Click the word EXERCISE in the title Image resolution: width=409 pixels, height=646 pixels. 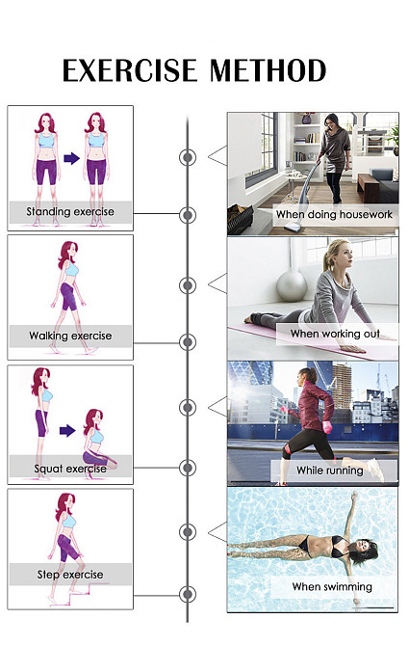[x=130, y=70]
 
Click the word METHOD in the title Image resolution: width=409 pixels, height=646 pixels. [x=268, y=70]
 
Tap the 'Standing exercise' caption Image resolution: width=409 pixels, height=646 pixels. [x=70, y=212]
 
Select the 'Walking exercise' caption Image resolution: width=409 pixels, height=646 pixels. [x=70, y=336]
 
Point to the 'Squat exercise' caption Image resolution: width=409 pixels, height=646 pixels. [x=70, y=469]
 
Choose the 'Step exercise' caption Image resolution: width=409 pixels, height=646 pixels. [x=70, y=575]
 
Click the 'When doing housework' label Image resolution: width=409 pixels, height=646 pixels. [x=334, y=215]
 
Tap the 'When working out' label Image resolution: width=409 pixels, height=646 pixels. [x=335, y=334]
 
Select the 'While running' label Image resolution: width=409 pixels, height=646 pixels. [x=330, y=471]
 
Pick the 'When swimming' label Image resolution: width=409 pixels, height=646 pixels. [x=332, y=586]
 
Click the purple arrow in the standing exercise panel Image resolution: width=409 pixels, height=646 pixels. [x=71, y=158]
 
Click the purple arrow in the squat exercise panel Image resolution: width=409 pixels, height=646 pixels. [x=67, y=431]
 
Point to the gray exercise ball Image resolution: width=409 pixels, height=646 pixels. [x=292, y=284]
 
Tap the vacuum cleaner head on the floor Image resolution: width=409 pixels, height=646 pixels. [x=292, y=226]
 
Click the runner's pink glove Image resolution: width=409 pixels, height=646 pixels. [x=327, y=427]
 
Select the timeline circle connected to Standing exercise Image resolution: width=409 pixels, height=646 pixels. [x=188, y=215]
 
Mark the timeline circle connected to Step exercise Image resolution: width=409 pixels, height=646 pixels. [x=188, y=595]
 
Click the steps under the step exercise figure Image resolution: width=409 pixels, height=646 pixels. [x=78, y=594]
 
